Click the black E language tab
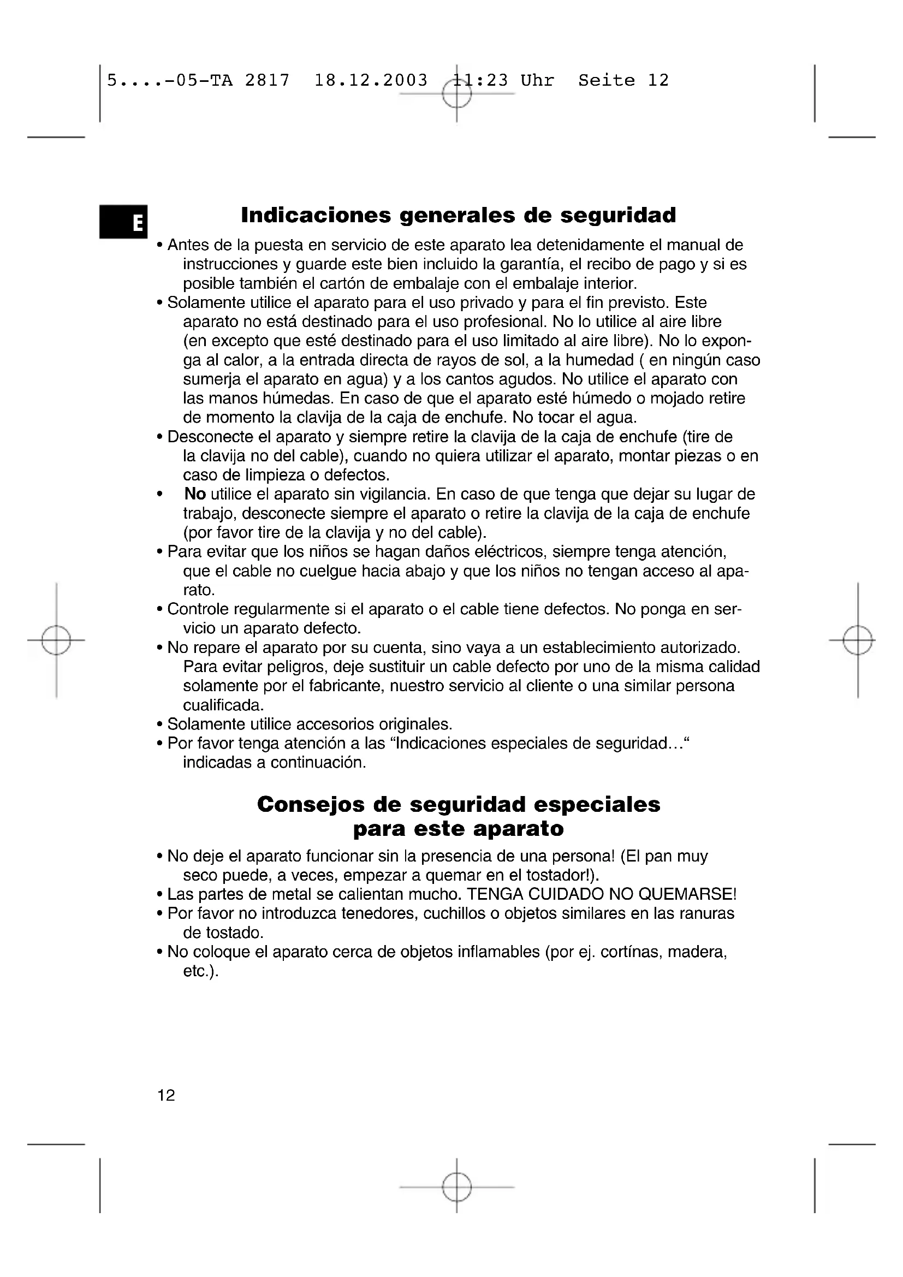pyautogui.click(x=123, y=221)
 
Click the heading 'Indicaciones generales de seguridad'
pyautogui.click(x=458, y=215)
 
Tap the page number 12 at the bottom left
pyautogui.click(x=167, y=1095)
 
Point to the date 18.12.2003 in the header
pyautogui.click(x=371, y=81)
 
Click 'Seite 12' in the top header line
pyautogui.click(x=623, y=81)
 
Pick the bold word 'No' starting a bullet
pyautogui.click(x=195, y=494)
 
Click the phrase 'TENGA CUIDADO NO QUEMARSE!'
pyautogui.click(x=602, y=894)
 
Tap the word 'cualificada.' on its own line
pyautogui.click(x=223, y=705)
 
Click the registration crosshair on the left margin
pyautogui.click(x=56, y=640)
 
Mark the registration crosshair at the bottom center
pyautogui.click(x=457, y=1187)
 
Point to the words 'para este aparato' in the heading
pyautogui.click(x=458, y=829)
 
